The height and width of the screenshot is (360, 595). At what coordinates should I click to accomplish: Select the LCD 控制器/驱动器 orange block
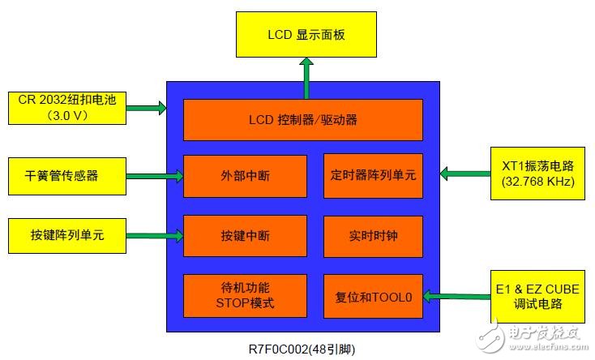pos(302,120)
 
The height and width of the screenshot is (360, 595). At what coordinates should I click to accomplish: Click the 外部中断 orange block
pos(245,174)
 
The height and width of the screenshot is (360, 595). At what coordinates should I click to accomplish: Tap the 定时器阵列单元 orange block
pos(373,174)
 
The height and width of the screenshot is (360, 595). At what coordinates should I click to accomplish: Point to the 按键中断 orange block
pos(245,236)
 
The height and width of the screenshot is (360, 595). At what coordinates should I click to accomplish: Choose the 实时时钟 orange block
pos(373,236)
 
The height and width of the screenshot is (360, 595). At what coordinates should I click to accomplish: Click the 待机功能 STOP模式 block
pos(245,296)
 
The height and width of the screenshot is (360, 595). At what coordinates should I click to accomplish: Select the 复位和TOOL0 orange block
pos(373,296)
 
